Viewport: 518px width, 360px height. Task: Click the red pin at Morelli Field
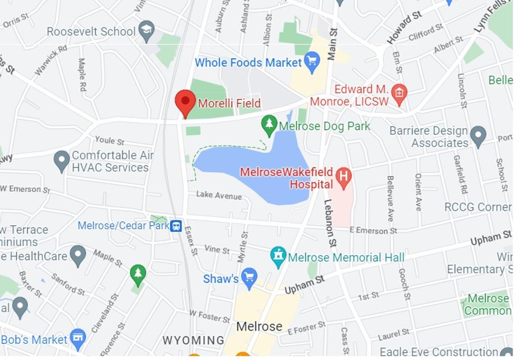point(185,102)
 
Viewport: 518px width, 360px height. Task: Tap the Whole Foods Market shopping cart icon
point(312,62)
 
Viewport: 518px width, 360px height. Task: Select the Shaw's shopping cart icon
point(249,277)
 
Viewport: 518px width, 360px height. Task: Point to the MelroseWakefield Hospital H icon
point(344,177)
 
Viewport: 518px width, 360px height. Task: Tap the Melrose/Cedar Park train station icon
point(176,226)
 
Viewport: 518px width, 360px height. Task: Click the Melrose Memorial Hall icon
point(278,257)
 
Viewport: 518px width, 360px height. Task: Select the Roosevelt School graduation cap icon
point(147,30)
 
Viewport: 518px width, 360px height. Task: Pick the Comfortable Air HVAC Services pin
point(62,160)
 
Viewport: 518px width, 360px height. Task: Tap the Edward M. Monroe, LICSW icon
point(399,94)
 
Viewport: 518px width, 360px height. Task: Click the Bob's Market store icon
point(78,338)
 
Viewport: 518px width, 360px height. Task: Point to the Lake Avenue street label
point(219,195)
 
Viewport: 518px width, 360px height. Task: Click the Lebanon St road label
point(330,223)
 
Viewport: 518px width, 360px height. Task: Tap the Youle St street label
point(109,141)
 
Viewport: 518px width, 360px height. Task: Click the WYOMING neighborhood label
point(193,340)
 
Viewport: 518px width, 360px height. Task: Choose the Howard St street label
point(405,27)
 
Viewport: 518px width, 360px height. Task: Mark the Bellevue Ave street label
point(390,198)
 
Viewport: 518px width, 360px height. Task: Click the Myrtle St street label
point(244,247)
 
